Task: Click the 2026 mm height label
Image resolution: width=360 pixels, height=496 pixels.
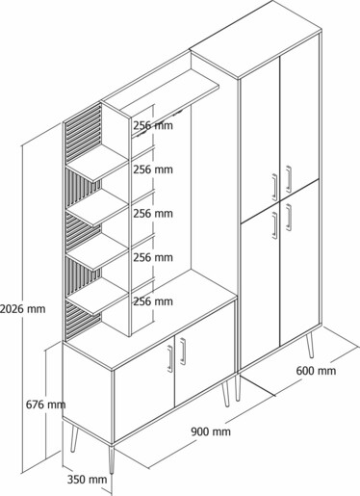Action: tap(22, 309)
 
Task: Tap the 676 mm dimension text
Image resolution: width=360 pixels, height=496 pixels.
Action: tap(45, 405)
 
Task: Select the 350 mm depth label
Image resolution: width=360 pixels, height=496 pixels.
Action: tap(87, 480)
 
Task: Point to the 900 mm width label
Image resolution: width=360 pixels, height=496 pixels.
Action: tap(211, 431)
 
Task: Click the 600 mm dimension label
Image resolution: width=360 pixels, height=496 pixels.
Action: tap(316, 371)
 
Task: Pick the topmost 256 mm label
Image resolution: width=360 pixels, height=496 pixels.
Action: tap(153, 125)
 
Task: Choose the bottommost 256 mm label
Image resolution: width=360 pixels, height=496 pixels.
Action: tap(153, 301)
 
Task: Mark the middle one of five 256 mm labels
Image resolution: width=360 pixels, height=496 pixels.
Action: tap(153, 213)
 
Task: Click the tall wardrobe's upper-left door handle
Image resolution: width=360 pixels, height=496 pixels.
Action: tap(274, 188)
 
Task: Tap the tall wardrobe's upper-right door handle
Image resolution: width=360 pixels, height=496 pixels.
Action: tap(289, 179)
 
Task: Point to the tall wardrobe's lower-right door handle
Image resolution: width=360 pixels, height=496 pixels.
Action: tap(289, 218)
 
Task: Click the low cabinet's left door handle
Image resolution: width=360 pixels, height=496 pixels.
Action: tap(170, 358)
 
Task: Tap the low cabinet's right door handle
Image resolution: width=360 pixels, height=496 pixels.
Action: tap(183, 352)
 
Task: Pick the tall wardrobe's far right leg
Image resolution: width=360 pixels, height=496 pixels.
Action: tap(310, 346)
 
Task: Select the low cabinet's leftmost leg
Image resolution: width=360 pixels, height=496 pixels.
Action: tap(74, 438)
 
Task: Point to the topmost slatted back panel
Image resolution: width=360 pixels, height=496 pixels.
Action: tap(83, 134)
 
